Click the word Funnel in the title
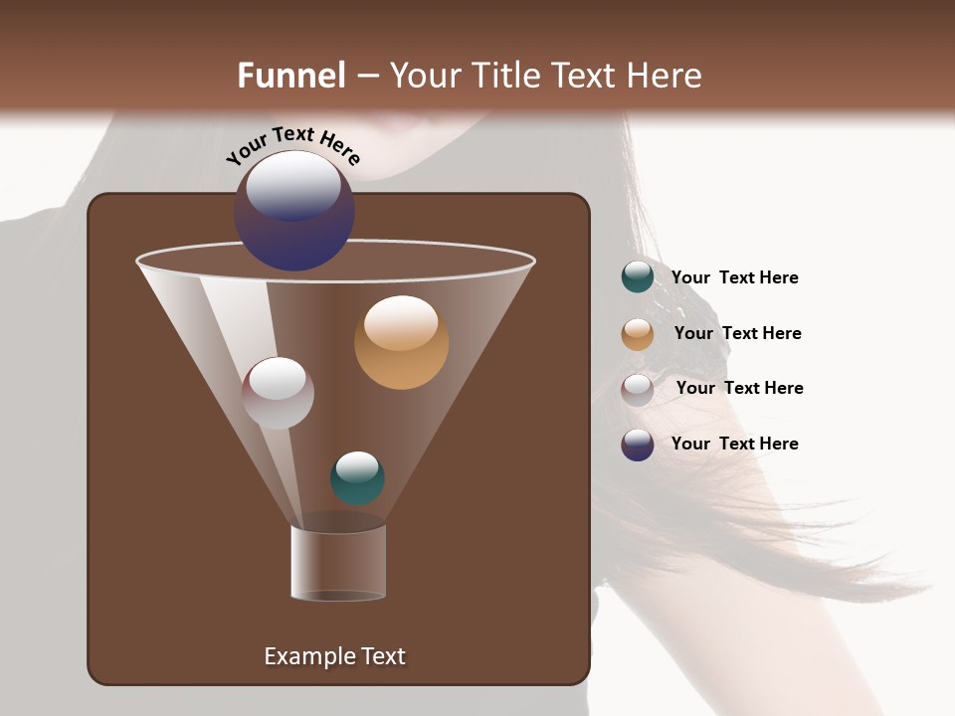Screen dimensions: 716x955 coord(291,76)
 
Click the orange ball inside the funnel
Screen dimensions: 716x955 coord(401,343)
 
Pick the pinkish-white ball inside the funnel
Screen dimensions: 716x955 coord(278,394)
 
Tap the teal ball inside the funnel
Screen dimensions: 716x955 coord(357,478)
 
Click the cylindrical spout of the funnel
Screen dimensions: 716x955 coord(338,562)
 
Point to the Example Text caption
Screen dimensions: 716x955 coord(334,656)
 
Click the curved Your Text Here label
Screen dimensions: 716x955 coord(292,145)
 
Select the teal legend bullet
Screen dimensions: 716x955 coord(638,277)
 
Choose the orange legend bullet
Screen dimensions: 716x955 coord(638,334)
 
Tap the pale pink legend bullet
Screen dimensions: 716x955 coord(638,390)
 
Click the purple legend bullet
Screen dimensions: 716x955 coord(638,445)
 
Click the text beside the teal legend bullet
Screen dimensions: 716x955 coord(734,278)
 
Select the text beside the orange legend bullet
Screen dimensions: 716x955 coord(737,333)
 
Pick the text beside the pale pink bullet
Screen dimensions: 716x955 coord(739,388)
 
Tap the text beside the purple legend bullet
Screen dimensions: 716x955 coord(734,444)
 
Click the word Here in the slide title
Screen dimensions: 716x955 coord(666,76)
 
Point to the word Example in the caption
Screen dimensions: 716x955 coord(306,656)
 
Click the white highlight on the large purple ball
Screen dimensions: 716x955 coord(293,186)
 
